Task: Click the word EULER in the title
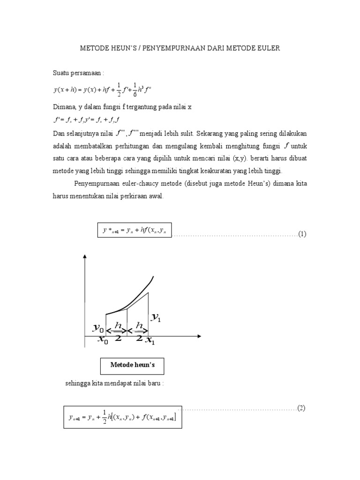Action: coord(269,48)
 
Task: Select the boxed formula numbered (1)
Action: coord(135,231)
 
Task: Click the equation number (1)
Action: coord(302,234)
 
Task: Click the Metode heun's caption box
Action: coord(132,364)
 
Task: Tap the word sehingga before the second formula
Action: coord(79,384)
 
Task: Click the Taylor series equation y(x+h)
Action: coord(107,89)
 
